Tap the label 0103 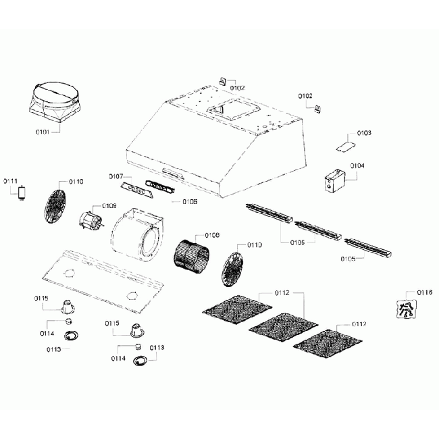click(x=363, y=133)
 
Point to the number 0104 click(x=357, y=166)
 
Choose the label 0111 click(x=11, y=181)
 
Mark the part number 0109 click(x=109, y=205)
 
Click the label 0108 click(x=211, y=236)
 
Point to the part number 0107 click(x=115, y=176)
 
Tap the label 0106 click(x=190, y=202)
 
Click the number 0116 click(x=424, y=292)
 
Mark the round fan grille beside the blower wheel click(x=234, y=264)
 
